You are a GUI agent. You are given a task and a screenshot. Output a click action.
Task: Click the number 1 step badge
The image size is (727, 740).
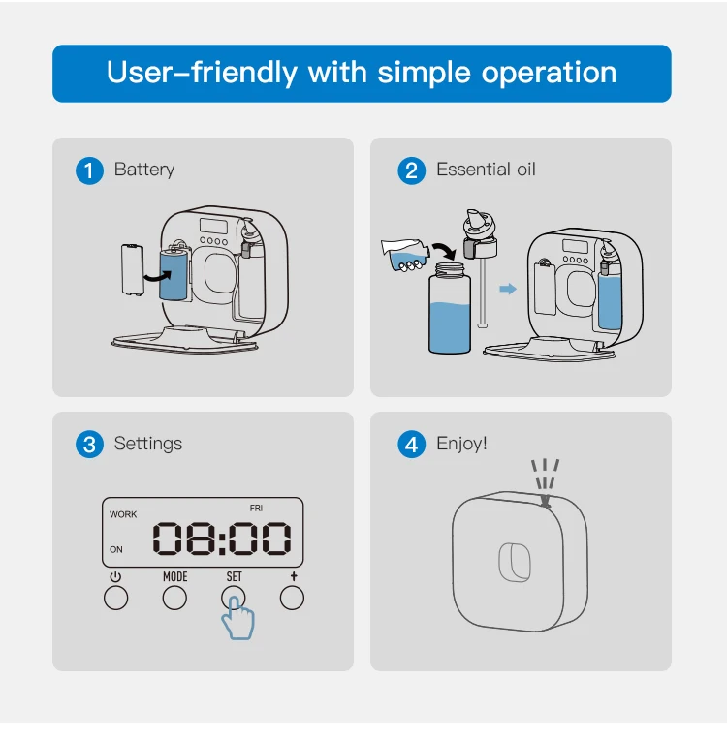pos(89,170)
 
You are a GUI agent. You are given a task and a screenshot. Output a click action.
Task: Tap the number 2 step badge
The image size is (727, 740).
pos(411,170)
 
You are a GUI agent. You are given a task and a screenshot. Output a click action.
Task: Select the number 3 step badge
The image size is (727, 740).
pos(89,445)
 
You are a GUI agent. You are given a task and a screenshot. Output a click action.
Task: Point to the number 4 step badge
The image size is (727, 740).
pos(411,445)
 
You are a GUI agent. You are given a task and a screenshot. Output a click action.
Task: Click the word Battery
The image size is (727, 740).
pos(144,170)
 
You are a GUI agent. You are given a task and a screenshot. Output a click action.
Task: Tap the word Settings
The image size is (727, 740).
pos(148,444)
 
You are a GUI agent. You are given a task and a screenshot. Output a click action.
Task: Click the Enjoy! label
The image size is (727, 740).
pos(461,444)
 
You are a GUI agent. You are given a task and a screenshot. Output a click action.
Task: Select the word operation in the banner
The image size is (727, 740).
pos(549,74)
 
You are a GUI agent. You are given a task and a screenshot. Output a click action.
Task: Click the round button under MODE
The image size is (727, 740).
pos(174,598)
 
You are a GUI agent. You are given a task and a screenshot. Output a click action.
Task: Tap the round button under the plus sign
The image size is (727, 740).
pos(292,598)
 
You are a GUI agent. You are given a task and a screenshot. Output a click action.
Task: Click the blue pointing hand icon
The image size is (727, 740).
pos(238,618)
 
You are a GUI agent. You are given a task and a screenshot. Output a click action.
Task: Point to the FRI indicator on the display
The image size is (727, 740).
pos(256,509)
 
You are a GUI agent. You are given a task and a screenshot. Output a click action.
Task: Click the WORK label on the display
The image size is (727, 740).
pos(123,514)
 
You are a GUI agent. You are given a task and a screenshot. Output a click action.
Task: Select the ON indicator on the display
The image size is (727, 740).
pos(116,549)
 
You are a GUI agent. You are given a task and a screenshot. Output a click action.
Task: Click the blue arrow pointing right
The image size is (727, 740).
pos(508,289)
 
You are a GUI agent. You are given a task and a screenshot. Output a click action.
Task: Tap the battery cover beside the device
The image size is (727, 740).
pos(132,269)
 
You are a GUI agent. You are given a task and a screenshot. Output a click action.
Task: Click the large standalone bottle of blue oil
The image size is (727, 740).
pos(450,309)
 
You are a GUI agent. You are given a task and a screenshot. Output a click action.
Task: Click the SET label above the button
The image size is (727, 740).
pos(234,576)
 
